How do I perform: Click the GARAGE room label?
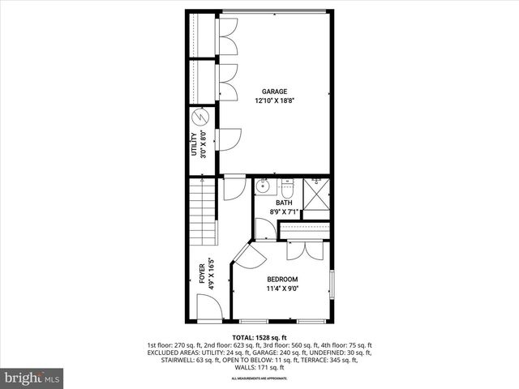274,92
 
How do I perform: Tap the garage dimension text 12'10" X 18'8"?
274,100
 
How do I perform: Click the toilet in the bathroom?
286,189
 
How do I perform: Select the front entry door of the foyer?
208,307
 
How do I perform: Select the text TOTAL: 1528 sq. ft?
259,337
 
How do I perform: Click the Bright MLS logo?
32,378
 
